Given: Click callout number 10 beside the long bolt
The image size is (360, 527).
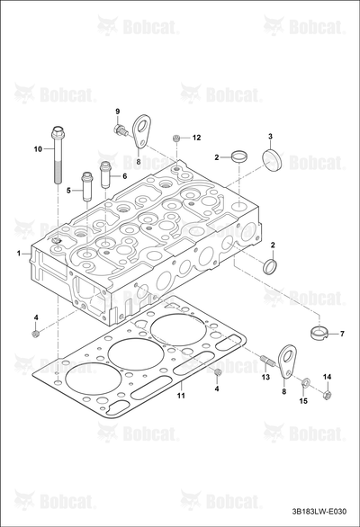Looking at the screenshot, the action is tap(38, 148).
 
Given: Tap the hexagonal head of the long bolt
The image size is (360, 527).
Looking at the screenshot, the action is tap(58, 131).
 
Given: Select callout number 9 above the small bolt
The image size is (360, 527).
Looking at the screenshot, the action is tap(117, 112).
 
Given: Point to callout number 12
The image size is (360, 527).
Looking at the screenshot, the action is tap(196, 138).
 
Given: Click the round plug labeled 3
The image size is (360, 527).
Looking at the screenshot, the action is tap(272, 160).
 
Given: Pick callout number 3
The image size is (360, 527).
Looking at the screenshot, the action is tap(270, 136).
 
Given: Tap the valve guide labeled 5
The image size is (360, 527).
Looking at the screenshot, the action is tap(87, 186).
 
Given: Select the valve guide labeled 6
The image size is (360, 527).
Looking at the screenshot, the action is tap(106, 174).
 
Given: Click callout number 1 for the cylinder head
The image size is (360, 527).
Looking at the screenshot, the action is tap(19, 253).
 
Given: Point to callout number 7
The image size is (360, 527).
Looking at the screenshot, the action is tap(342, 334).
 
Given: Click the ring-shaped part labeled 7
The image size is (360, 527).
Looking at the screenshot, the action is tap(319, 333).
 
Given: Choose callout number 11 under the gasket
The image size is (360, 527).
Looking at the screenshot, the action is tap(181, 396).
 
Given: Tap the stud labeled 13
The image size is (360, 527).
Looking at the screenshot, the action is tap(268, 360).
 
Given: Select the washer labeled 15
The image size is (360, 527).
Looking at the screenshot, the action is tap(306, 382).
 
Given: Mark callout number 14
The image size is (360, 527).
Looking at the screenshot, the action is tap(327, 377).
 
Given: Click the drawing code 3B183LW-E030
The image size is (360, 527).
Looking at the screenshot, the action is tap(319, 512).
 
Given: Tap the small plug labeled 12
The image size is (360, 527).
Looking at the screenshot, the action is tap(175, 138).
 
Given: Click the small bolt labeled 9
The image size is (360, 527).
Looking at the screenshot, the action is tap(121, 130).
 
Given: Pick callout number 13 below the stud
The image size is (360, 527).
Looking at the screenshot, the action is tap(265, 377).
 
